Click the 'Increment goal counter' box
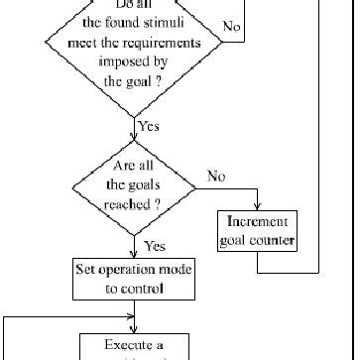tap(258, 230)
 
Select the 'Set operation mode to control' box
tap(134, 279)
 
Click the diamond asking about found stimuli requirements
tap(134, 55)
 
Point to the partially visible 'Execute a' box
tap(134, 347)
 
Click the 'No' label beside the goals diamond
tap(215, 176)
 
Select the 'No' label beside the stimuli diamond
tap(232, 27)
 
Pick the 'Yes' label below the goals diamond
tap(155, 245)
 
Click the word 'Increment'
tap(258, 221)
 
